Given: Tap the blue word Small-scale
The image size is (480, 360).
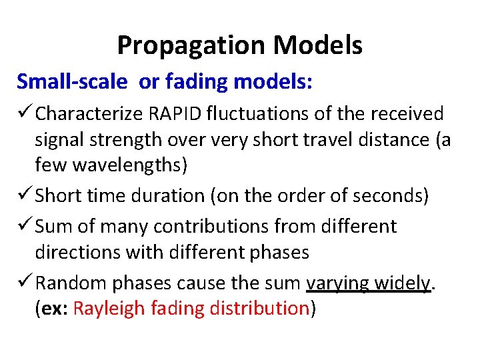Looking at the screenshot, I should point(72,81).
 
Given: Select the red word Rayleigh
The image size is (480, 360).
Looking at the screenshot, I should point(109,308).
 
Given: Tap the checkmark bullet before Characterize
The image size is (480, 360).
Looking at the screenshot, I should point(25,114).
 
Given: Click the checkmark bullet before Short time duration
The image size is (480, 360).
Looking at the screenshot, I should point(25,196).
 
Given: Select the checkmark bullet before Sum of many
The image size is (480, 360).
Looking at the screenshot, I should point(25,226).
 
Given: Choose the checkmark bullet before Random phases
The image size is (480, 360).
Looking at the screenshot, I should point(25,283).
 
